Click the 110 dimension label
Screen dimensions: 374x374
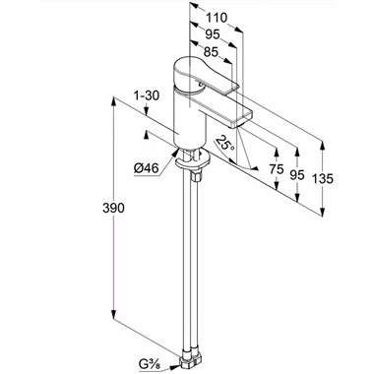point(217,18)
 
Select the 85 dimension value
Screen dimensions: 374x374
point(211,52)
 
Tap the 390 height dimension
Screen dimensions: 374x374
point(113,208)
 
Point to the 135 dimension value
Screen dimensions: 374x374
point(322,179)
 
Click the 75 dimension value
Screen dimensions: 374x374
point(276,169)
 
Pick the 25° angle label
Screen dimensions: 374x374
point(225,143)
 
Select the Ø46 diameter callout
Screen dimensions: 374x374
point(147,168)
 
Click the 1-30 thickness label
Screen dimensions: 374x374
point(147,95)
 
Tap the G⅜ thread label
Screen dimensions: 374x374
point(151,363)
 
